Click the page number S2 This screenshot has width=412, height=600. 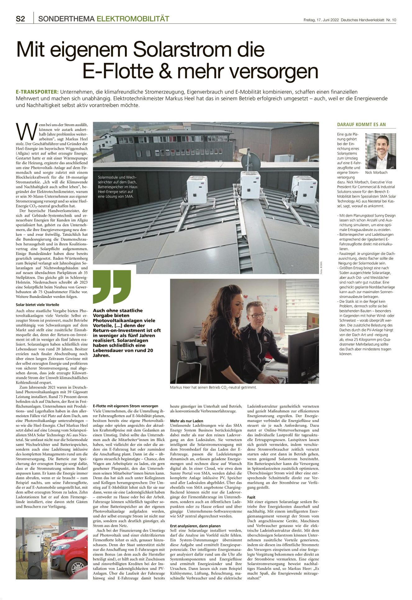coord(20,19)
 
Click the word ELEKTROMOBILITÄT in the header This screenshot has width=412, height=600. coord(133,19)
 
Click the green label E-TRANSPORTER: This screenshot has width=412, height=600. coord(37,92)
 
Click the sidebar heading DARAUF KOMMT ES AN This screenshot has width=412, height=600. coord(361,125)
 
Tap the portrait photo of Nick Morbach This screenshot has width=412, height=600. coord(380,151)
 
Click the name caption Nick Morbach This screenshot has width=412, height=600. coord(376,172)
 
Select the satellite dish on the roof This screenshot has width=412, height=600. coord(251,159)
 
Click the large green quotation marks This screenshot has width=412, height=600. coord(112,286)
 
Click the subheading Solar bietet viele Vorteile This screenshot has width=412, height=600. coord(37,305)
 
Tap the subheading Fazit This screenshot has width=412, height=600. coord(251,497)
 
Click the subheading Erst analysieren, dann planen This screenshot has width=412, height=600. coord(195,526)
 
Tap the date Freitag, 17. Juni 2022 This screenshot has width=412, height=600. coord(321,20)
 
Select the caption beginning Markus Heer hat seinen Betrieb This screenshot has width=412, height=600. coord(213,388)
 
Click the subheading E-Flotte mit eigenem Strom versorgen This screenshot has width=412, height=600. coord(126,406)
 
